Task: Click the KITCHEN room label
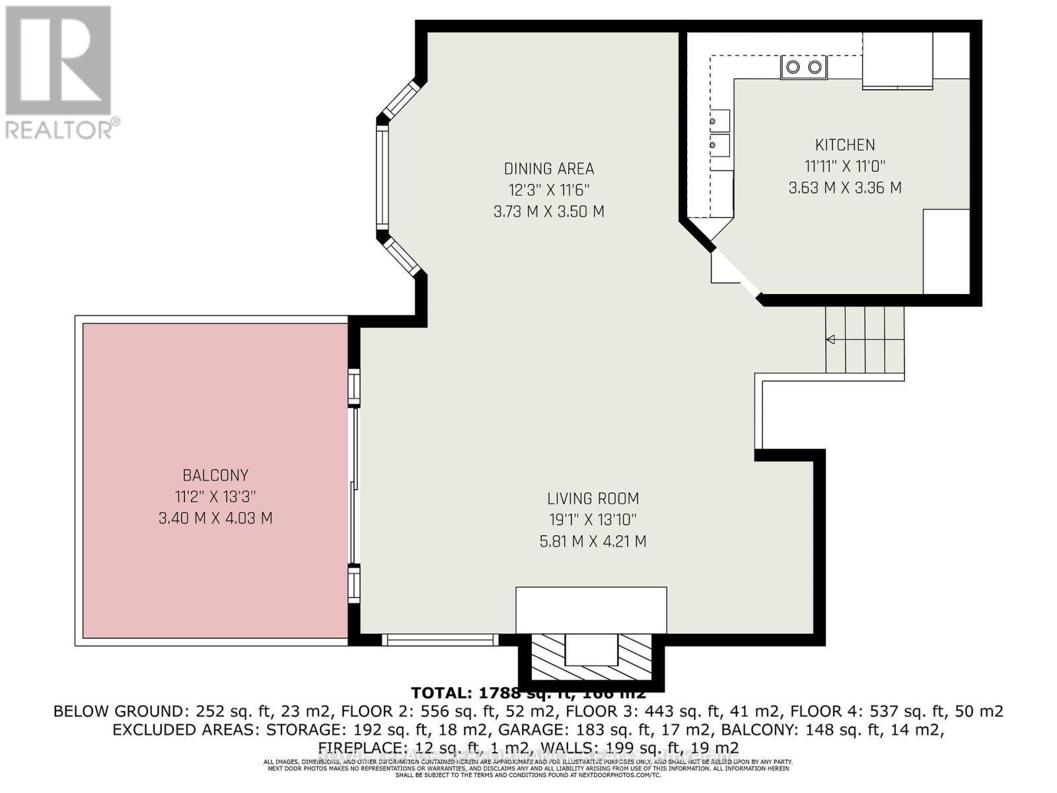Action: [x=844, y=145]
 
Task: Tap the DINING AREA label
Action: [x=549, y=169]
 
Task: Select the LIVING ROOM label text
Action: [x=593, y=498]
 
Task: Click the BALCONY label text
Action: [x=215, y=475]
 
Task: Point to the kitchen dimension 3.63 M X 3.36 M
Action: [x=844, y=188]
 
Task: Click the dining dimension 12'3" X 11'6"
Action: [x=549, y=190]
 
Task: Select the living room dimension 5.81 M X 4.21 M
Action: [x=593, y=542]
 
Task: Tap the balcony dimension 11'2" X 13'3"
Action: [x=215, y=496]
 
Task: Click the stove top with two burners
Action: [x=804, y=67]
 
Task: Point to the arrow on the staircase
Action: [x=830, y=340]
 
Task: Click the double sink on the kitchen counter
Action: [x=719, y=133]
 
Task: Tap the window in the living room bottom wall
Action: [x=440, y=639]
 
